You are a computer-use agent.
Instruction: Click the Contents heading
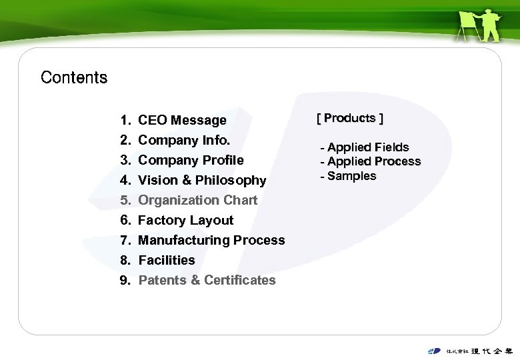tap(74, 77)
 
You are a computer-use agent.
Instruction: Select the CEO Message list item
tap(182, 121)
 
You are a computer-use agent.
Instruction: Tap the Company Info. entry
tap(184, 141)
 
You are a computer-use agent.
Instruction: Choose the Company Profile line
tap(191, 161)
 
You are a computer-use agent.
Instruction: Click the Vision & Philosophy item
tap(202, 181)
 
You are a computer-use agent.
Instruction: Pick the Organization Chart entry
tap(197, 201)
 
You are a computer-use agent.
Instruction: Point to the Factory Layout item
tap(185, 221)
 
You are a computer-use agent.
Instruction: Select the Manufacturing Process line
tap(211, 241)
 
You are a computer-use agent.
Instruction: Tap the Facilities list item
tap(167, 261)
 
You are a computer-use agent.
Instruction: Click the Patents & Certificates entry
tap(207, 281)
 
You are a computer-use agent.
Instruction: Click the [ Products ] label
tap(350, 119)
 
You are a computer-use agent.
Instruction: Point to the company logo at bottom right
tap(471, 351)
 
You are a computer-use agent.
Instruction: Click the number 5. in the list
tap(125, 201)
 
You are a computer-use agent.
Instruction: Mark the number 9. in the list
tap(125, 281)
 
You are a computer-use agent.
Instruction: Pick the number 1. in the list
tap(125, 121)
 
